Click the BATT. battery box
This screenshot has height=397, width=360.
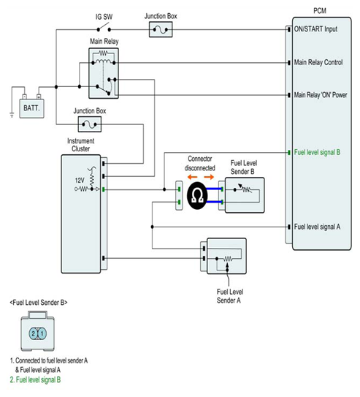32,108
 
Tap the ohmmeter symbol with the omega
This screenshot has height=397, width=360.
197,195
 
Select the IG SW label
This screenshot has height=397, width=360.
104,17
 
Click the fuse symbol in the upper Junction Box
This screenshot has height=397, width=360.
161,30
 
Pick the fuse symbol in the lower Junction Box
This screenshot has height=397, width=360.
90,124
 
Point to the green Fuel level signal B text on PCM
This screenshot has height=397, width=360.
317,152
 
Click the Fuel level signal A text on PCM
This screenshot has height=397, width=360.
317,227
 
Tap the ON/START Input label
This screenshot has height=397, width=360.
315,29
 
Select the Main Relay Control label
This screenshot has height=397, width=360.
318,62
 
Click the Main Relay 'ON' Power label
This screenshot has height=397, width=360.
321,95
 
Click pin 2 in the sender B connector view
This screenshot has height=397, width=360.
34,333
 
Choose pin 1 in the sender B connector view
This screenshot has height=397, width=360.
42,333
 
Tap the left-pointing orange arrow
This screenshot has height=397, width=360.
192,177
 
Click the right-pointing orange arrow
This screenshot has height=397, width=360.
209,177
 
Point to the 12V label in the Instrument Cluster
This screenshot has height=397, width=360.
80,181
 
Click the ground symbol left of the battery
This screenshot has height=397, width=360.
12,115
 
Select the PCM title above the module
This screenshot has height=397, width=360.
320,11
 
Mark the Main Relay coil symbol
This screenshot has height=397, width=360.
103,61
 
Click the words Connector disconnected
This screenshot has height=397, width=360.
200,163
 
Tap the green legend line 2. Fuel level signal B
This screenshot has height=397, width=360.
35,379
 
